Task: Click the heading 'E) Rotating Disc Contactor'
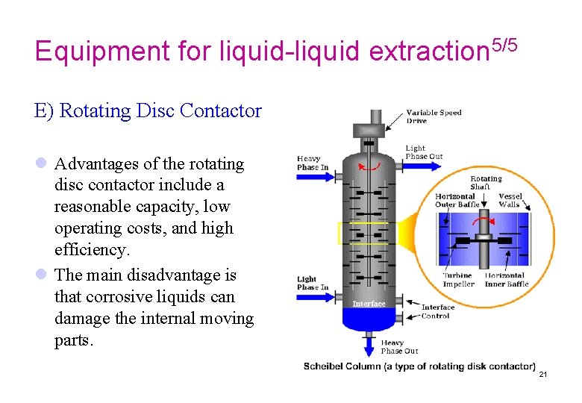click(148, 111)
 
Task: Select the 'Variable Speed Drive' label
click(434, 116)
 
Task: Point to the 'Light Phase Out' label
click(424, 152)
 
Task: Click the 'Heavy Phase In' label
click(313, 163)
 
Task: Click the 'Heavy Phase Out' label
click(400, 347)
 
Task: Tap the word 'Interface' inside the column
click(369, 304)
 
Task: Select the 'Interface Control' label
click(438, 311)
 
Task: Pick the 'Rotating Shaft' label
click(486, 184)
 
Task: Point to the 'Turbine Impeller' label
click(457, 280)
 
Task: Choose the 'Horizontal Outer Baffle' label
click(456, 201)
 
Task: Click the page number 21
click(542, 374)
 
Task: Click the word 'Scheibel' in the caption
click(322, 366)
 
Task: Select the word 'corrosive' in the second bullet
click(116, 296)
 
